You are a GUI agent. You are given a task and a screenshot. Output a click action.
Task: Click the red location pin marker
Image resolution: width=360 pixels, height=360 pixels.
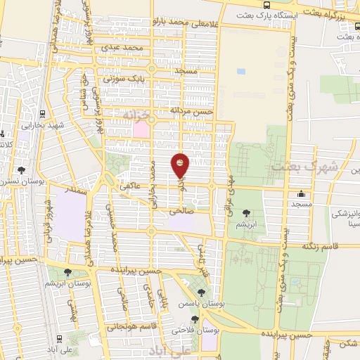(x=181, y=166)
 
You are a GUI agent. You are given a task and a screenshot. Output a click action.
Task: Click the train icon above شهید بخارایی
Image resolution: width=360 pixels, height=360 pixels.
(x=42, y=113)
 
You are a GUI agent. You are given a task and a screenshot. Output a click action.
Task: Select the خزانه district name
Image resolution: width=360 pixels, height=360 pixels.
(x=138, y=112)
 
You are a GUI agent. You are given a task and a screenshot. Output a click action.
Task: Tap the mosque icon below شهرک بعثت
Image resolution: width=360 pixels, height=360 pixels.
(x=302, y=193)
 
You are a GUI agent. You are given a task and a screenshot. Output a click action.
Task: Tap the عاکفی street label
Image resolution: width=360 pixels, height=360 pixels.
(x=131, y=188)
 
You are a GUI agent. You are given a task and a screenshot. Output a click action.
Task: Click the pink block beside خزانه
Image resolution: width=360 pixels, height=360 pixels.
(x=141, y=129)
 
